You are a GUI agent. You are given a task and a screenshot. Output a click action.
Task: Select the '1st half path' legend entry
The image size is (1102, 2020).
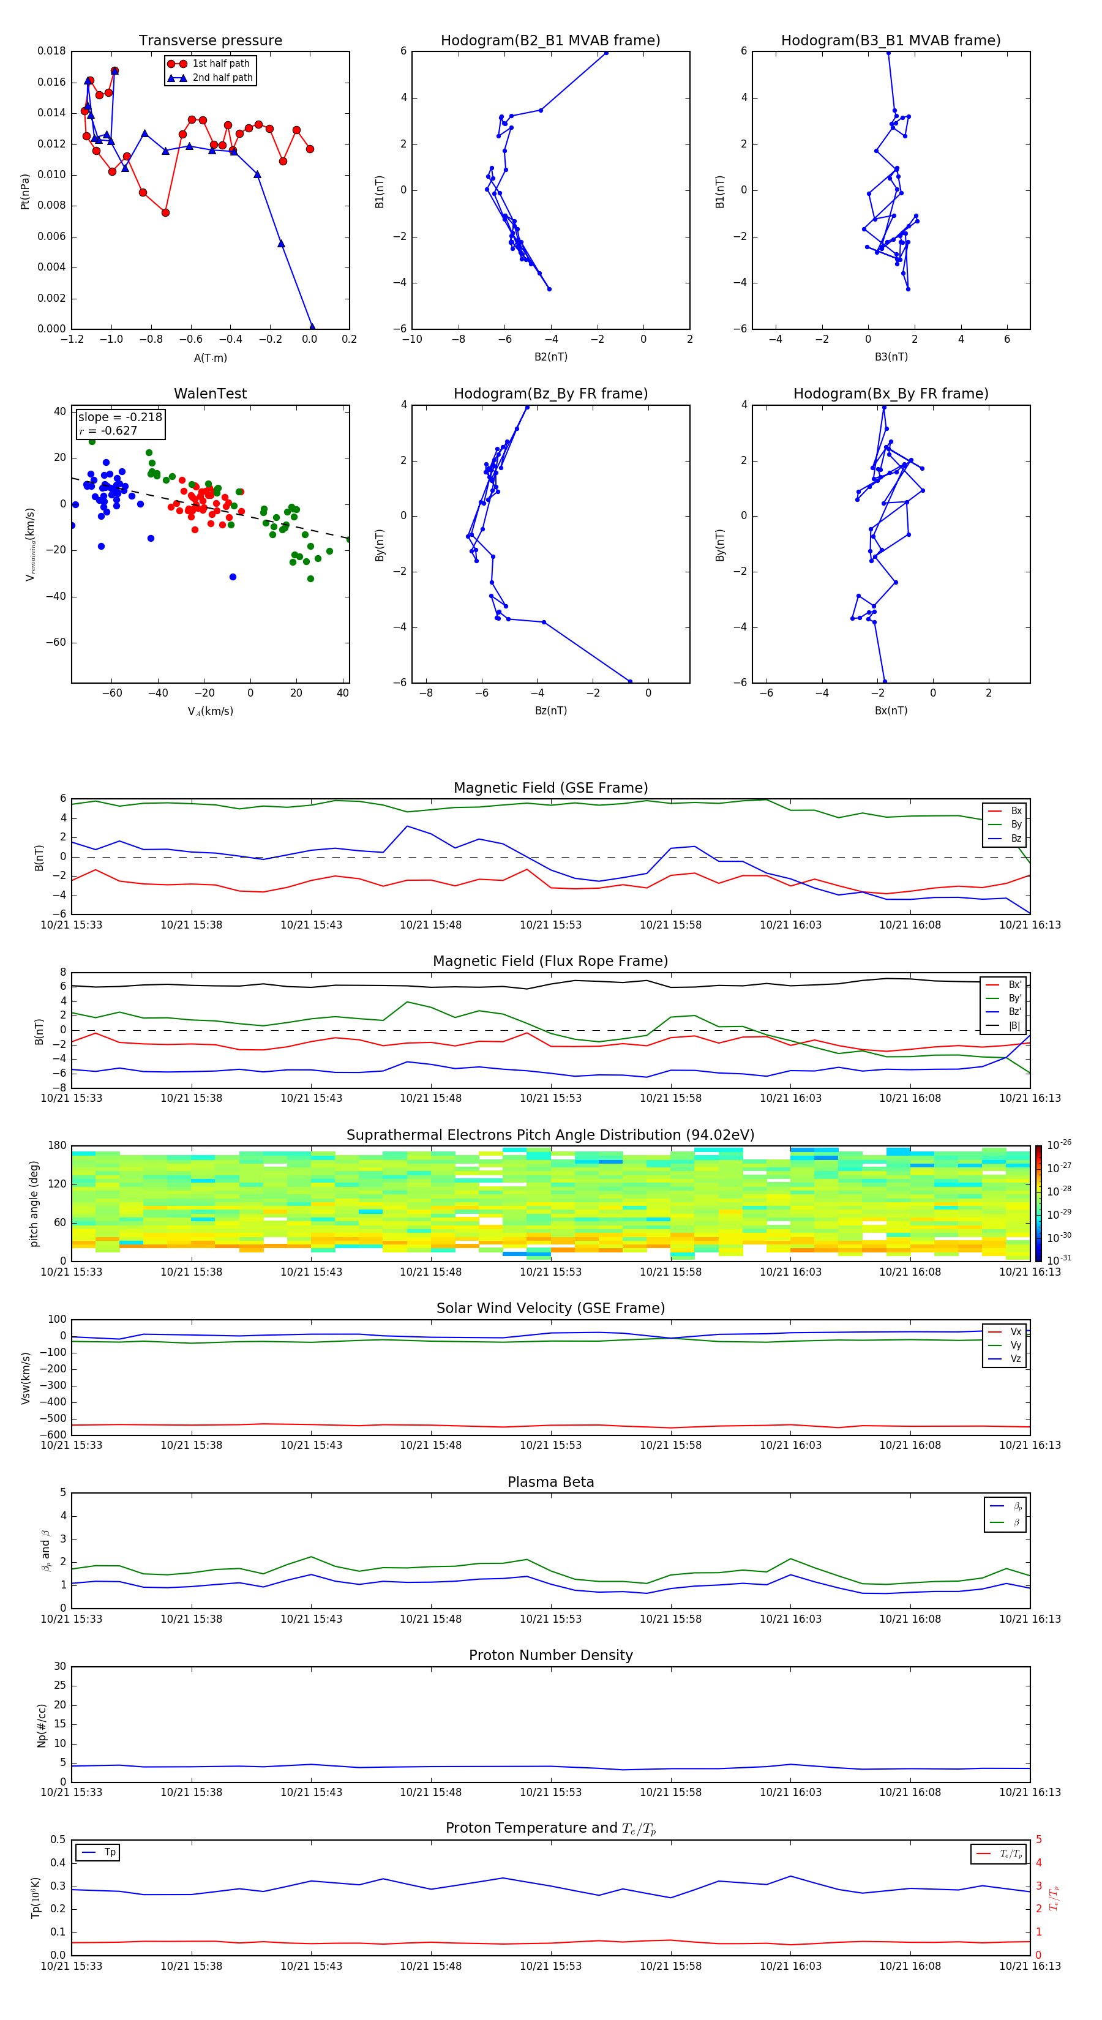coord(220,64)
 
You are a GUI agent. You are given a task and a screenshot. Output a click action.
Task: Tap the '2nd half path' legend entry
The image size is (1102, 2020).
coord(222,78)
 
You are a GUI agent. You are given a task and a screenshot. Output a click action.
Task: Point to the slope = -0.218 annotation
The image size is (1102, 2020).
coord(120,417)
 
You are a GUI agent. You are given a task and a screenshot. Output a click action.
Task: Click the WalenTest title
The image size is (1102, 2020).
coord(210,394)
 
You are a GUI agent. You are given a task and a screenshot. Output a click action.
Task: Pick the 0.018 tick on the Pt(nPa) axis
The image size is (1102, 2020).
coord(52,51)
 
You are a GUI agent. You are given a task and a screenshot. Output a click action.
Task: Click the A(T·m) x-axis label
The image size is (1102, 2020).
coord(210,357)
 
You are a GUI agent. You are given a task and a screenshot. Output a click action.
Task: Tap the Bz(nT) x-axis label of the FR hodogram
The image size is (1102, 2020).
coord(550,711)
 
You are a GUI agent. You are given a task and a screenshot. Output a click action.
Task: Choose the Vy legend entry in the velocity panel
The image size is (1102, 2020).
coord(1015,1345)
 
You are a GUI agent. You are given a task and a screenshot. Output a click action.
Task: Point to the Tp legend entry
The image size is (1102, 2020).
coord(109,1852)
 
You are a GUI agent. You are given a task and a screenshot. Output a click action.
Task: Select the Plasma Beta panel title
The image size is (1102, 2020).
coord(550,1482)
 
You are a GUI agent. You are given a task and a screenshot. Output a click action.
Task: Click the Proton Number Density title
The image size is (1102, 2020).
coord(550,1655)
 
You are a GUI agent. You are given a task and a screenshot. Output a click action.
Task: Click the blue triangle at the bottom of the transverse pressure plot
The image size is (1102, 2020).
coord(312,327)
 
